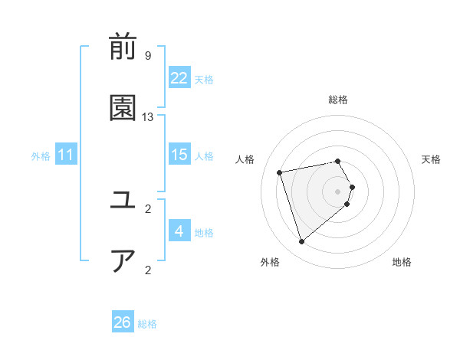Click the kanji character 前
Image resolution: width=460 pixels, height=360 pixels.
click(x=123, y=48)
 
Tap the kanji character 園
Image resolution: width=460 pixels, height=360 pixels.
click(x=123, y=110)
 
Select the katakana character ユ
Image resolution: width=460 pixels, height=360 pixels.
click(x=123, y=201)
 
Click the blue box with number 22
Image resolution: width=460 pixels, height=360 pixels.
click(x=179, y=78)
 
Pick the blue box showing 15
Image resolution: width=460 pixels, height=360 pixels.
click(x=179, y=155)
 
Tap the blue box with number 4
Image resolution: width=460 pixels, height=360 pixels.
click(x=179, y=231)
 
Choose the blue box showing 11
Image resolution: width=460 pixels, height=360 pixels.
click(x=66, y=155)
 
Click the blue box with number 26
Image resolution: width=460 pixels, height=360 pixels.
click(x=123, y=322)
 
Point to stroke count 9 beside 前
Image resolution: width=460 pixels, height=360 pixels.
click(x=148, y=55)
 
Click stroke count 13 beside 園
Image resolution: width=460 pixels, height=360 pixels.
click(x=148, y=116)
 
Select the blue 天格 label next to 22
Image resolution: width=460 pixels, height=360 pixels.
click(x=204, y=79)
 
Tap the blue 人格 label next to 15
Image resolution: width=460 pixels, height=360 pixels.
click(x=204, y=155)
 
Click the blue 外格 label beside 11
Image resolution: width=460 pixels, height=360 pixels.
click(x=41, y=156)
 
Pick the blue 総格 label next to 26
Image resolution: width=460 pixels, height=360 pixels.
click(x=147, y=324)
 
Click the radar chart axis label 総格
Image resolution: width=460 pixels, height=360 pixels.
click(x=338, y=100)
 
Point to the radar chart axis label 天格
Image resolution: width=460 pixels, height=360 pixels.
click(x=431, y=159)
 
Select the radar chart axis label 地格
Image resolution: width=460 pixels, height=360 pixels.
click(x=402, y=262)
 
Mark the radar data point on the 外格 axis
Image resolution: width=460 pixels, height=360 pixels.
click(x=301, y=242)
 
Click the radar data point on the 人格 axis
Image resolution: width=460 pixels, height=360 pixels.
click(x=280, y=172)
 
